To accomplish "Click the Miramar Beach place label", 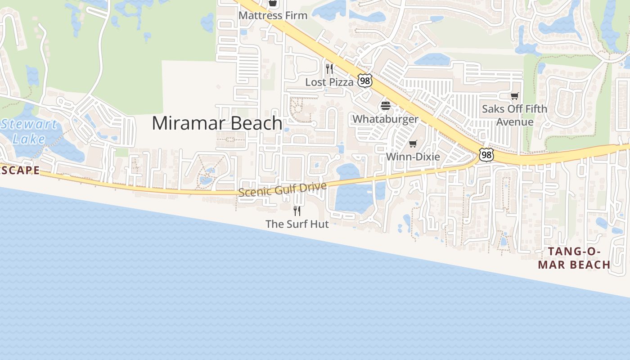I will pyautogui.click(x=217, y=123).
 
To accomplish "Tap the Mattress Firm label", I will pyautogui.click(x=273, y=15).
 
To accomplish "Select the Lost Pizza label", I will pyautogui.click(x=329, y=82).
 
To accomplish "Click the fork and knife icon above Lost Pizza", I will pyautogui.click(x=329, y=69).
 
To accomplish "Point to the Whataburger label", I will pyautogui.click(x=385, y=119).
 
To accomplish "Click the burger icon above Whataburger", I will pyautogui.click(x=386, y=106).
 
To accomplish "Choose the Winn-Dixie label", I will pyautogui.click(x=413, y=157).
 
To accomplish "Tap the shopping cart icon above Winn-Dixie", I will pyautogui.click(x=413, y=144).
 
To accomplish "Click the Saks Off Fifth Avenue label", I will pyautogui.click(x=514, y=115).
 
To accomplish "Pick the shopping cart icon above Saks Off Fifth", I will pyautogui.click(x=514, y=96).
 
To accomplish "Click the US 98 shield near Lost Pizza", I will pyautogui.click(x=365, y=81).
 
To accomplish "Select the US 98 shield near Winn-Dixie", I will pyautogui.click(x=486, y=155).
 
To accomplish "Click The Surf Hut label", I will pyautogui.click(x=297, y=224).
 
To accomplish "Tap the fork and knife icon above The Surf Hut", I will pyautogui.click(x=297, y=211).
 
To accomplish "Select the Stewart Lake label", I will pyautogui.click(x=29, y=131).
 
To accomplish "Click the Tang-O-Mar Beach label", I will pyautogui.click(x=574, y=258).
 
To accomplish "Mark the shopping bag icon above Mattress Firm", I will pyautogui.click(x=272, y=3).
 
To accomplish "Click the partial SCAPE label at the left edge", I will pyautogui.click(x=20, y=171).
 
